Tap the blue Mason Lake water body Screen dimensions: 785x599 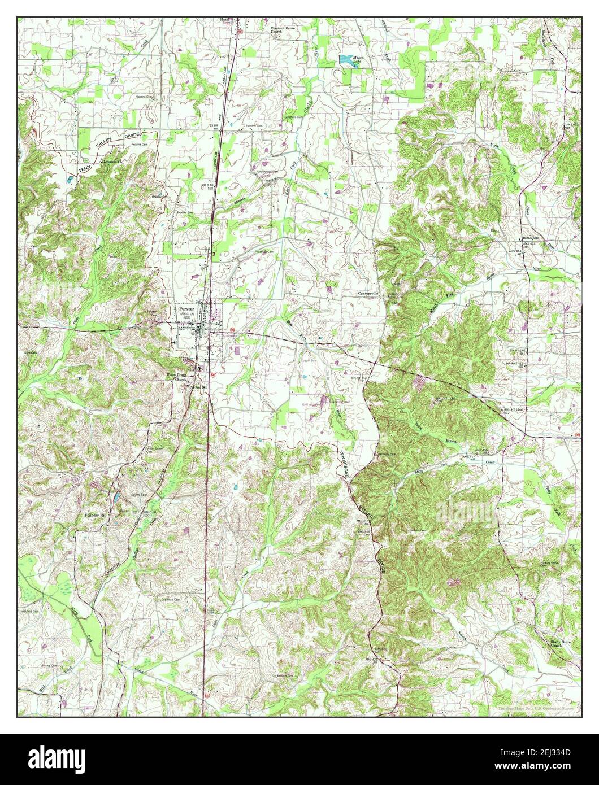pos(344,58)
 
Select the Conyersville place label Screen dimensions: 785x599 pos(371,294)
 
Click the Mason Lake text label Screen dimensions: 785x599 pos(361,58)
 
